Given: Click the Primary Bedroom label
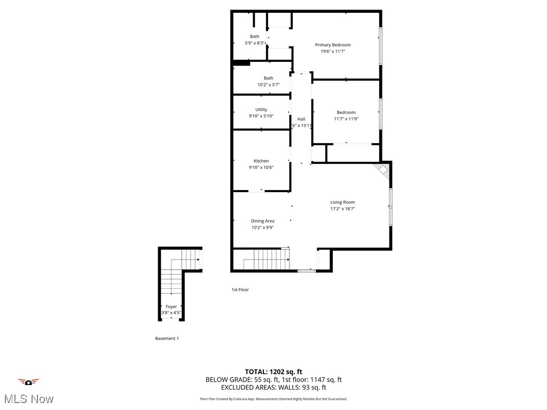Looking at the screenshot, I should coord(333,45).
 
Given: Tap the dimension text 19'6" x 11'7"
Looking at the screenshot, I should coord(333,52).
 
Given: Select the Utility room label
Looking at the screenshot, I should coord(261,109).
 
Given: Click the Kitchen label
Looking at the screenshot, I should coord(261,161).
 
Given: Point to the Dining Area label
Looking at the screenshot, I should coord(262,221).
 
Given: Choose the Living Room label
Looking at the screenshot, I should coord(342,202).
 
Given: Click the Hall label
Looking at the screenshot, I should coord(301,119).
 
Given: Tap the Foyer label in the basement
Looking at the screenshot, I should coord(171,306).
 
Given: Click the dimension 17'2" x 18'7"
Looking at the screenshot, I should coord(342,209).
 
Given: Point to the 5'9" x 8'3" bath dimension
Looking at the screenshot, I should coord(255,43).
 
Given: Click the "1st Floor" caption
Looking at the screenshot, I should coord(240,289).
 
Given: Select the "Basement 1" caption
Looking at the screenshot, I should coord(167,338).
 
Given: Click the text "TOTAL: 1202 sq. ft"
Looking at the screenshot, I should coord(273,372).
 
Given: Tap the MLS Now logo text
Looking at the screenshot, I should coord(29,399).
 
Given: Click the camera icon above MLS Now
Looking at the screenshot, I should coord(29,382).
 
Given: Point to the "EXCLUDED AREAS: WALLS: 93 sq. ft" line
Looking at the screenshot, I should coord(273,388).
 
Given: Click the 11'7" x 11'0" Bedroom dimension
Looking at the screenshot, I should coord(346,119).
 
